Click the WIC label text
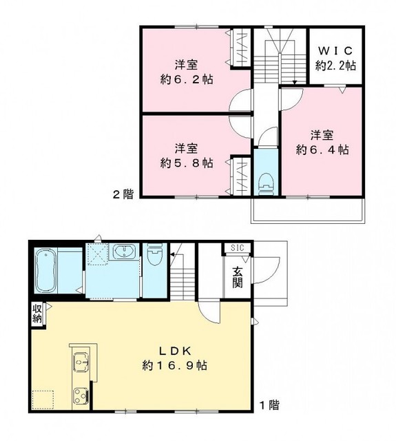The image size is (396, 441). [335, 51]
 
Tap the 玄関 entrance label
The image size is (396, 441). [237, 276]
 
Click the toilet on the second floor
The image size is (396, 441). [265, 182]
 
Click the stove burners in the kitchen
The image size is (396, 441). [81, 396]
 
